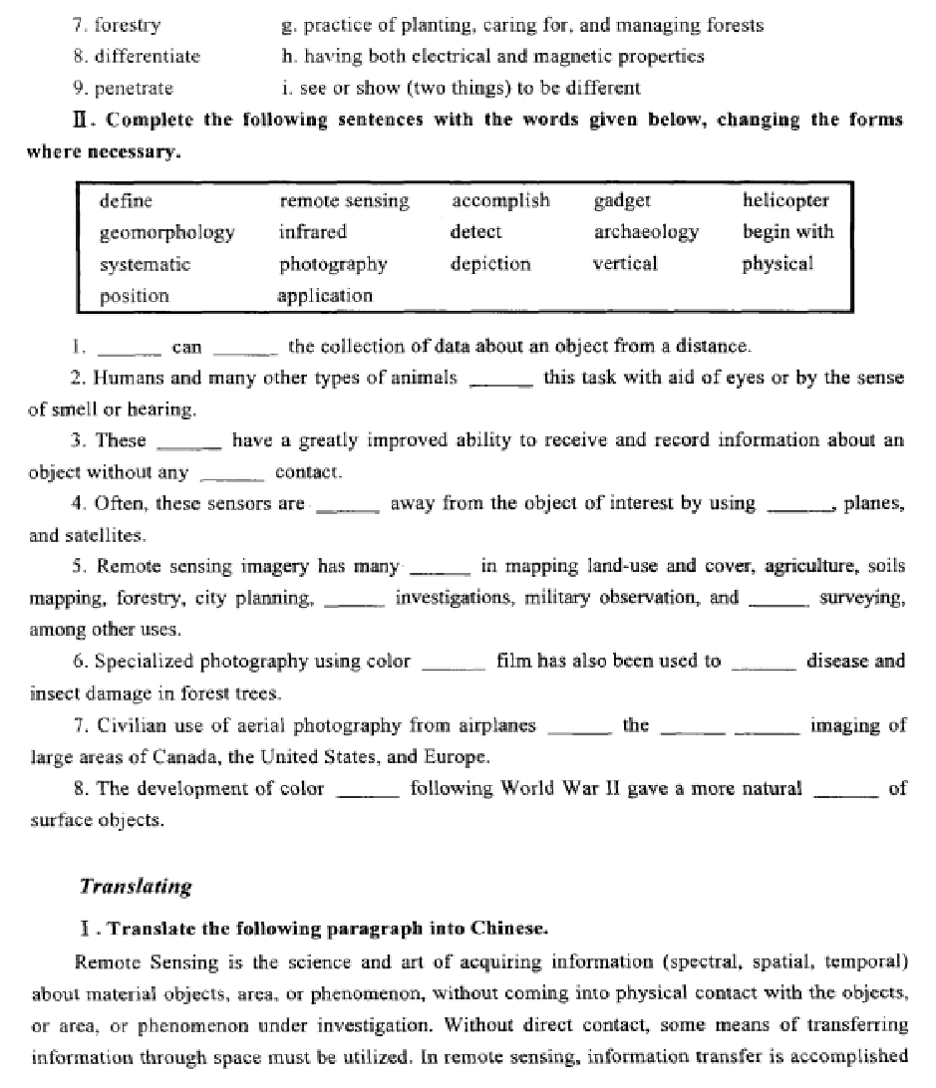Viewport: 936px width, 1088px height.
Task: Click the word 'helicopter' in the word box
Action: click(785, 200)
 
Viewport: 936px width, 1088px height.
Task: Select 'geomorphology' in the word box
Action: click(166, 232)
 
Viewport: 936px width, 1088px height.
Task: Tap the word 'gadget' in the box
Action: click(622, 200)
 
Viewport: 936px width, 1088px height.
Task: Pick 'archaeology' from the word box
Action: click(646, 232)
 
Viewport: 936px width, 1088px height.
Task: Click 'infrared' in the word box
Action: click(313, 232)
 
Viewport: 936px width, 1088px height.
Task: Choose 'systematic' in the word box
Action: click(145, 264)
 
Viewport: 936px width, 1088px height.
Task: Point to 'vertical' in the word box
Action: click(626, 264)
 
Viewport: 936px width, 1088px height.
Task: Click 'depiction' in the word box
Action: click(490, 264)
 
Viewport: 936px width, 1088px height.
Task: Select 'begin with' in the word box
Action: click(787, 232)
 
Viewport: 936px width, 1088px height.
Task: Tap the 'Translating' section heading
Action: click(136, 886)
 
